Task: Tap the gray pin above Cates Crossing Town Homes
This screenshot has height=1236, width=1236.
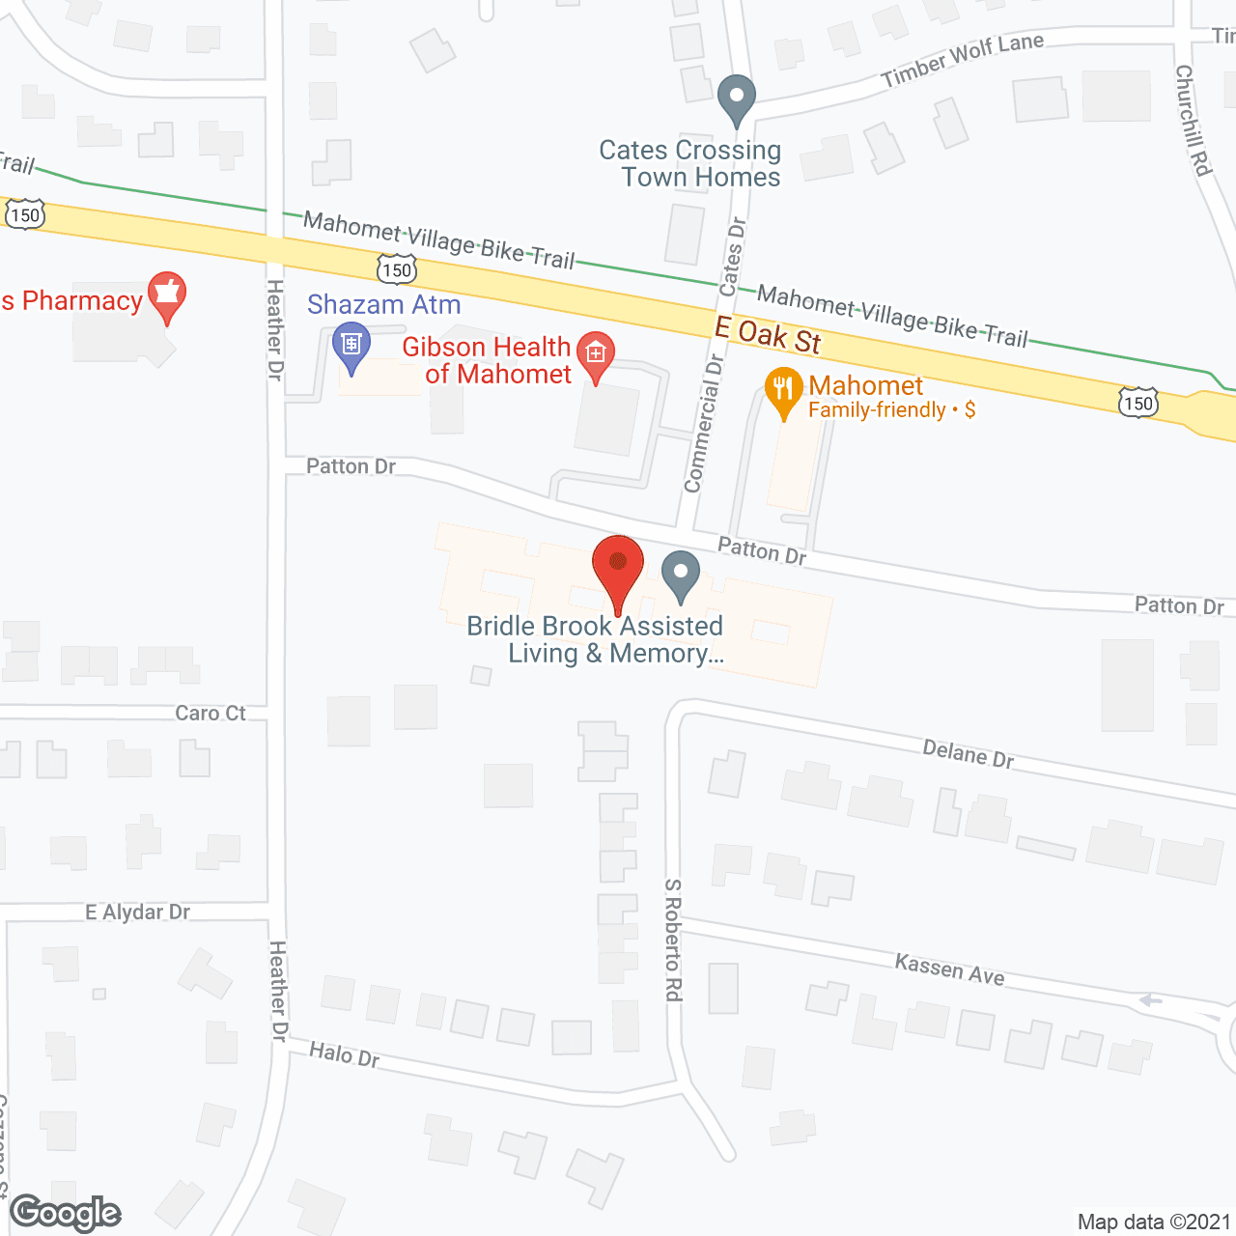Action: coord(737,98)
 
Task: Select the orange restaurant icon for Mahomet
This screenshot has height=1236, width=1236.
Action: coord(783,391)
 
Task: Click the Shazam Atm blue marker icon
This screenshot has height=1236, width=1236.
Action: coord(351,347)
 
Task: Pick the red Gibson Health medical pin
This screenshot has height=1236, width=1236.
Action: coord(595,355)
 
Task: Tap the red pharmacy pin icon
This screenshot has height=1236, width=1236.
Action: coord(167,295)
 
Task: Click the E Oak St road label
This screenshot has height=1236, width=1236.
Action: coord(768,335)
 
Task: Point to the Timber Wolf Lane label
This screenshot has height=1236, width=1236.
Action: coord(962,59)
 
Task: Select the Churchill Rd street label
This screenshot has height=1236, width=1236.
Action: coord(1194,120)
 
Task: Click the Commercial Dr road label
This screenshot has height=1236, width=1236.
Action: coord(704,423)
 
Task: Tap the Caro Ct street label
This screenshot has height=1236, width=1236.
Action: coord(211,713)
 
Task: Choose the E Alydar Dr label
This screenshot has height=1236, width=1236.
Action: coord(137,912)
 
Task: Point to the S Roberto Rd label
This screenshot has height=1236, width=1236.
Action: coord(673,940)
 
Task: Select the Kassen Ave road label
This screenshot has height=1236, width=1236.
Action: coord(949,969)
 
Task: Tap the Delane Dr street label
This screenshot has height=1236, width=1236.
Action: coord(968,753)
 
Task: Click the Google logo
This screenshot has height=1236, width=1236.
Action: coord(66,1213)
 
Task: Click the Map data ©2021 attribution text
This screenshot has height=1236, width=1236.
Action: coord(1154,1222)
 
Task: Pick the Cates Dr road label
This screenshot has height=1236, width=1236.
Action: coord(734,256)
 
